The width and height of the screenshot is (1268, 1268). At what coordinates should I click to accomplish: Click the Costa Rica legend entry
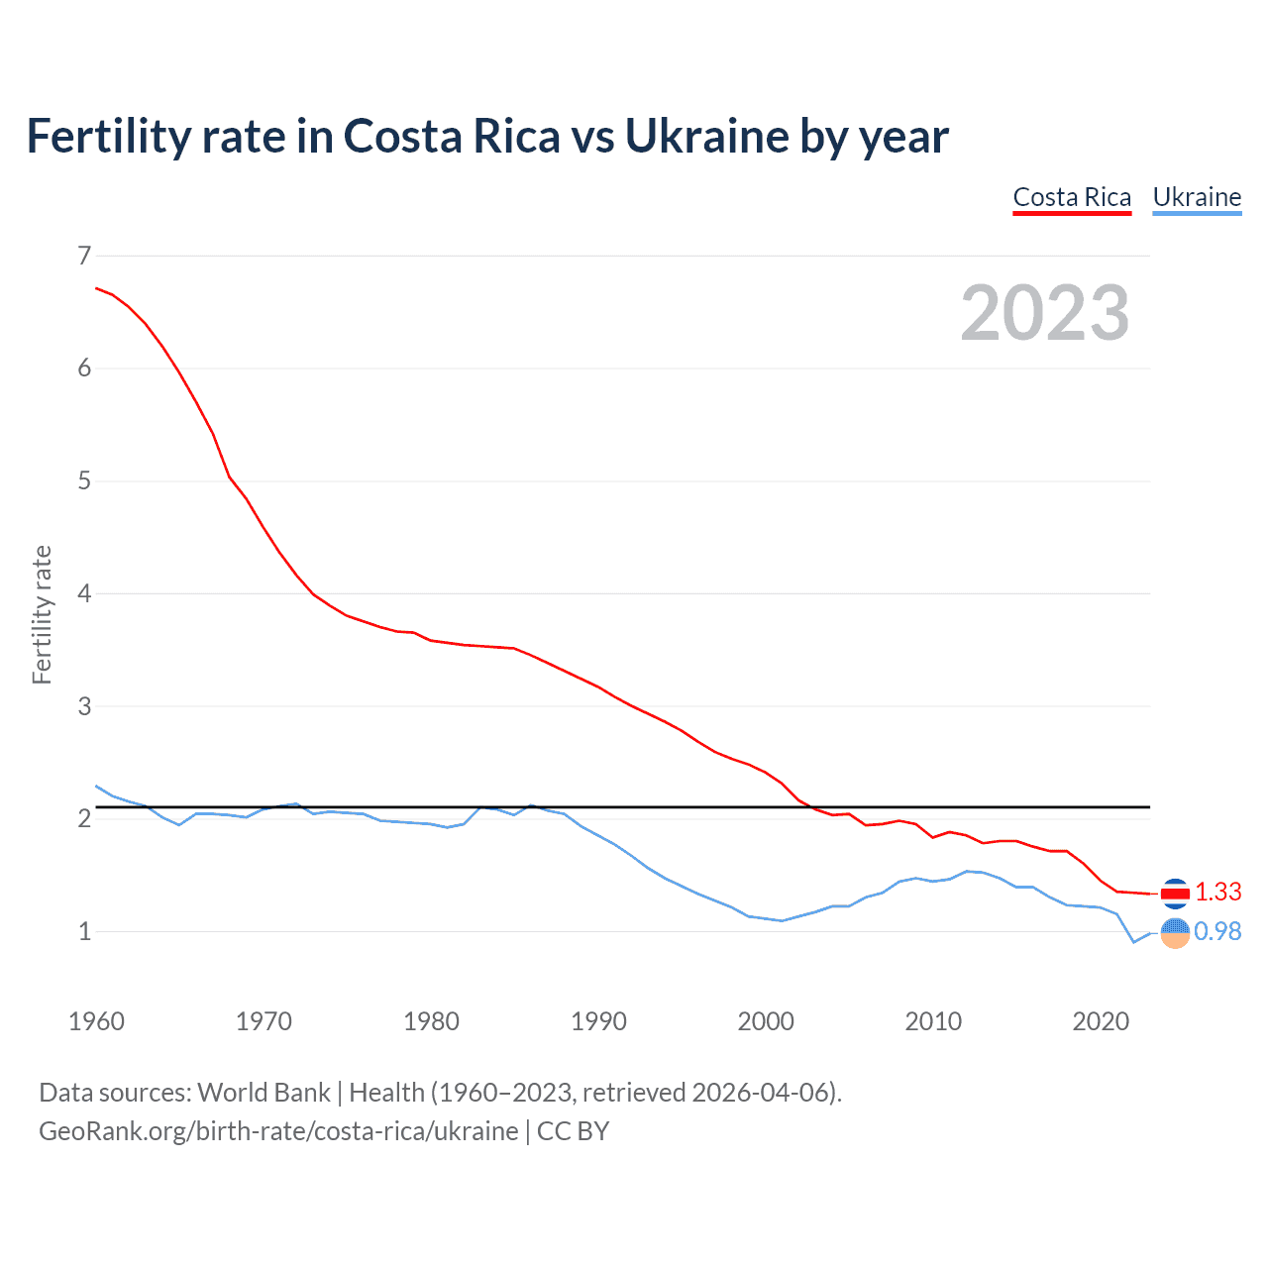click(x=1072, y=197)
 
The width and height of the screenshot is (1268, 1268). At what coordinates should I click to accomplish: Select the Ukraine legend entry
click(x=1197, y=197)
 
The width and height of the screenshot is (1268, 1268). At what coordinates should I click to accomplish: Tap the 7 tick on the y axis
click(x=84, y=256)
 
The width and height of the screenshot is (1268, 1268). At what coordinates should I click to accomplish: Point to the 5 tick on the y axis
click(x=84, y=481)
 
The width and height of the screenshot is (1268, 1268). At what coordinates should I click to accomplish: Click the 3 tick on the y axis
click(x=84, y=706)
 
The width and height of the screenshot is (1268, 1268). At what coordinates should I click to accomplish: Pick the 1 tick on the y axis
click(x=84, y=931)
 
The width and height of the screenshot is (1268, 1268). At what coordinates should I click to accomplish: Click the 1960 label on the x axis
click(x=96, y=1021)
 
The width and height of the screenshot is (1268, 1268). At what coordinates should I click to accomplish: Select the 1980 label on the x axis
click(x=431, y=1021)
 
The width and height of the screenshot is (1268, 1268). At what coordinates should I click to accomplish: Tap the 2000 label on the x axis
click(x=766, y=1021)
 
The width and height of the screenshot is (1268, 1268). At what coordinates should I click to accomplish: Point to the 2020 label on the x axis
click(x=1101, y=1021)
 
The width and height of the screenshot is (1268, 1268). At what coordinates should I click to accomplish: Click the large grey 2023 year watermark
click(x=1044, y=313)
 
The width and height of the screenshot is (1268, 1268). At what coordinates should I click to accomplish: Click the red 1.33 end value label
click(x=1217, y=892)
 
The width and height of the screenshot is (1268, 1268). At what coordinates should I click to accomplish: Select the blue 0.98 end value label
click(x=1217, y=931)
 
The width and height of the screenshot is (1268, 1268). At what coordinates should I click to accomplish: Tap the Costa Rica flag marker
click(x=1174, y=893)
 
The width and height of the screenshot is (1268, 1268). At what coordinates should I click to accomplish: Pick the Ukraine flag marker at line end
click(x=1174, y=932)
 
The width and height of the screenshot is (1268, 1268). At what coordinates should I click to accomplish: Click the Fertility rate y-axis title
click(x=42, y=614)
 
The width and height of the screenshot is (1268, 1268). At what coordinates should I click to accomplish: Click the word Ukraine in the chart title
click(x=705, y=136)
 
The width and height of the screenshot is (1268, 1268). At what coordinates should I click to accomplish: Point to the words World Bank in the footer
click(x=264, y=1093)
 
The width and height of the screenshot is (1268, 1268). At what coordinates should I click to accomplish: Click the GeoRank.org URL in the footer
click(x=278, y=1131)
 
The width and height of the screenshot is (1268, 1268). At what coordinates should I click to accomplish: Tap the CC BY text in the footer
click(x=573, y=1131)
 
